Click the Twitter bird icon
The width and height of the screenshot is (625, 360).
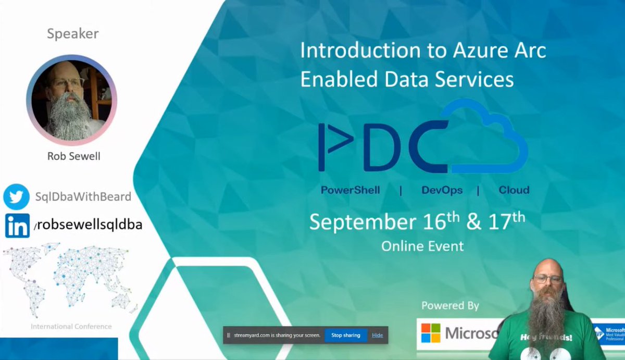(x=16, y=197)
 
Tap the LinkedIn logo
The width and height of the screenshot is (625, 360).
(x=17, y=226)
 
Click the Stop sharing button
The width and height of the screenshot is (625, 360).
(x=346, y=335)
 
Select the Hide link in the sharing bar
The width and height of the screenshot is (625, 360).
(x=377, y=335)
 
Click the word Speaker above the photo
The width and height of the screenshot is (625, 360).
(x=72, y=34)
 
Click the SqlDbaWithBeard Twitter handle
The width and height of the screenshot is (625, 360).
(x=83, y=197)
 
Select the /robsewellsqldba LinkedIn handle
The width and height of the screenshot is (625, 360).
(x=87, y=225)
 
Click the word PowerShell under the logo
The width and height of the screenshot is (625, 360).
(x=350, y=190)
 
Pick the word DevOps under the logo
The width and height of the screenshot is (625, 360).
(x=442, y=190)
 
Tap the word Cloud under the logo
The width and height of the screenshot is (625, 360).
(x=514, y=190)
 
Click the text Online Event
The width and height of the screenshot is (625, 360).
(x=422, y=245)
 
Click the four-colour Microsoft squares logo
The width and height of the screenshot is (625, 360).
(x=431, y=333)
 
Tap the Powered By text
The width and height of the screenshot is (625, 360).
(x=450, y=305)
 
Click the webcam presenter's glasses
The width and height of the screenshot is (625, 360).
(x=546, y=279)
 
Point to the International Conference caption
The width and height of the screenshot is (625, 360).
(x=71, y=327)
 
